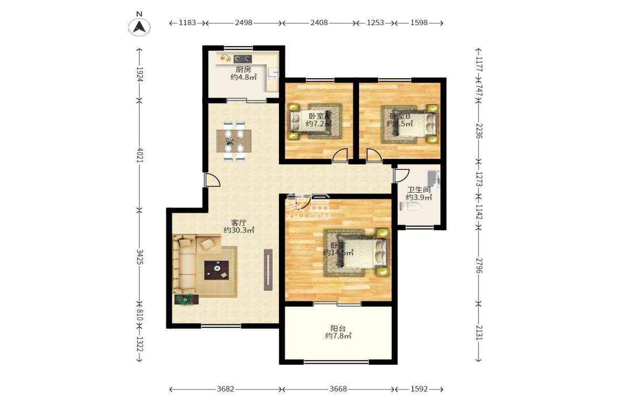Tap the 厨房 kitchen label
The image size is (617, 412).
pyautogui.click(x=243, y=69)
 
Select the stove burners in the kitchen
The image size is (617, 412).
pyautogui.click(x=242, y=58)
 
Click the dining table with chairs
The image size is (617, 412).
pyautogui.click(x=234, y=141)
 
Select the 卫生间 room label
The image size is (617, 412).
pyautogui.click(x=419, y=189)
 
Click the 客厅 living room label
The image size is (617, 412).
pyautogui.click(x=239, y=222)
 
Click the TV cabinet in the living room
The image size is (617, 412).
pyautogui.click(x=268, y=270)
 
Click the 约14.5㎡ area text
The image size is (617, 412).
pyautogui.click(x=338, y=252)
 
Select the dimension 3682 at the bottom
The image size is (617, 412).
pyautogui.click(x=226, y=389)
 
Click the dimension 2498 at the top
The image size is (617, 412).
pyautogui.click(x=244, y=23)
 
